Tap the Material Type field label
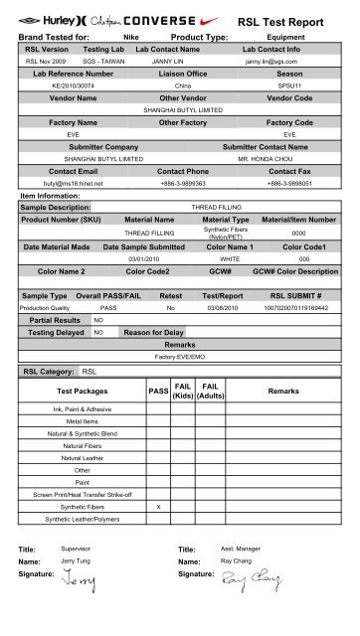(x=225, y=219)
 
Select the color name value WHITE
(x=231, y=259)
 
